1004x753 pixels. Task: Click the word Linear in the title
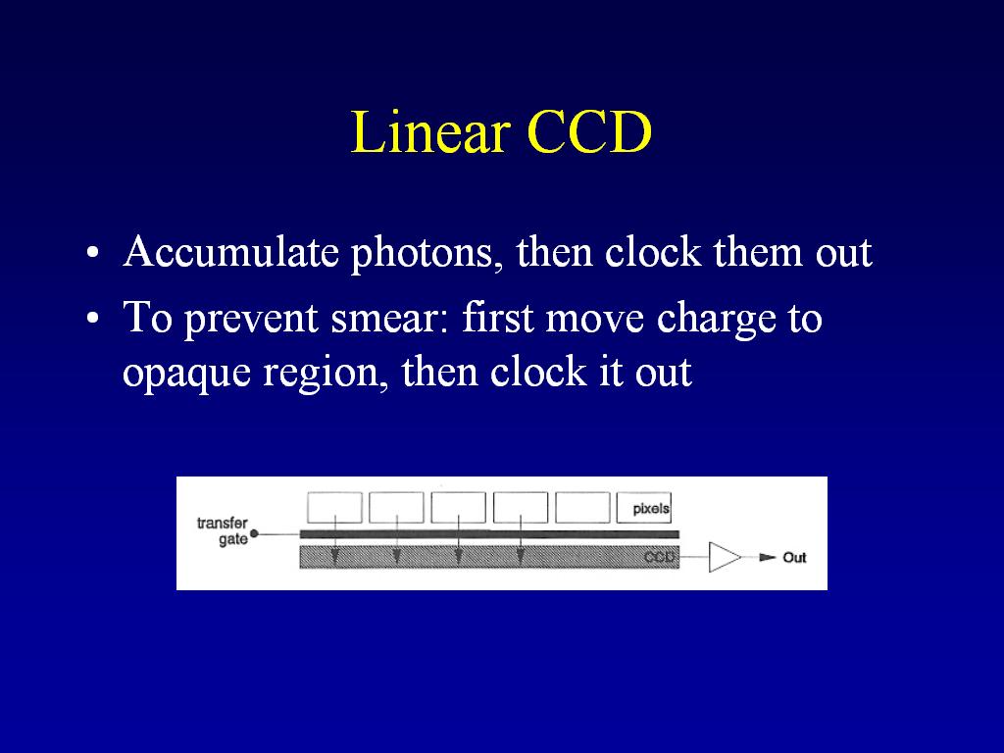429,132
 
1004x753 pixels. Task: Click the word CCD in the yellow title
589,132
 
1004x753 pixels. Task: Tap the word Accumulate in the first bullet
231,252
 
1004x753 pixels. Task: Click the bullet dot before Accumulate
93,252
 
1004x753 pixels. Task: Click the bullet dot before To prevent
93,318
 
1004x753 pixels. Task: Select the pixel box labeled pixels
643,508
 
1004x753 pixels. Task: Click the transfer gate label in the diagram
223,530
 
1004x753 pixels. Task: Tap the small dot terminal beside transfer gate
254,533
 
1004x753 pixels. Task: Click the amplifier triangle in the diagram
725,557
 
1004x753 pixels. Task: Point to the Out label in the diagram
794,558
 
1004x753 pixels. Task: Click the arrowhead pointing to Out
767,557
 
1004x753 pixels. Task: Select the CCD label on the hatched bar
660,557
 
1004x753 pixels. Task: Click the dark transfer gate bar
489,534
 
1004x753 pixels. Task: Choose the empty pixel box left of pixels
582,508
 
